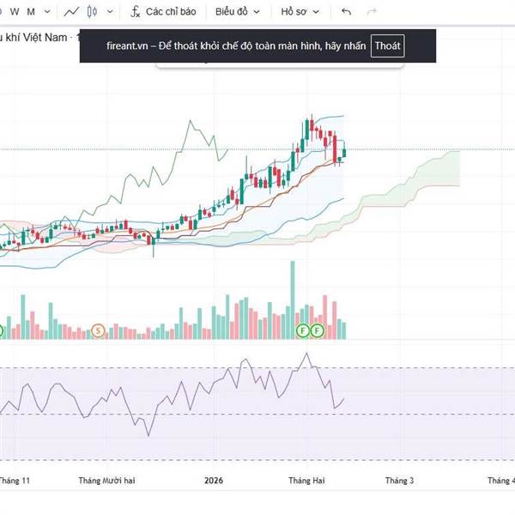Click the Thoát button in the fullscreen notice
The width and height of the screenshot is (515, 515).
pos(388,46)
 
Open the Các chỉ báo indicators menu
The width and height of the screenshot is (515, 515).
pos(163,12)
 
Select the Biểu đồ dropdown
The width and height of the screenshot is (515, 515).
pos(236,12)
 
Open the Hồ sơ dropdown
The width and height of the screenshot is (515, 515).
pos(300,12)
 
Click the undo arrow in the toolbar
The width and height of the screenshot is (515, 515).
pos(346,12)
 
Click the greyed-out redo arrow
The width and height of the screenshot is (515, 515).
pos(372,12)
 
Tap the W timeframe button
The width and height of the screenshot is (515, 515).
pos(13,12)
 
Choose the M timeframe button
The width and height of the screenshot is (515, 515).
pos(31,12)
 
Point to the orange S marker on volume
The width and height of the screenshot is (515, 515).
pos(99,330)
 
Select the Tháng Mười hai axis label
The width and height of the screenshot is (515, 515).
pos(106,482)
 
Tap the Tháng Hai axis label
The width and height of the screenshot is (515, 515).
pos(306,482)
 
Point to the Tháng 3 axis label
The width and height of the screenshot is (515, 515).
pos(399,482)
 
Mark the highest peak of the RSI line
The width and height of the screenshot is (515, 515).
pos(306,354)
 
